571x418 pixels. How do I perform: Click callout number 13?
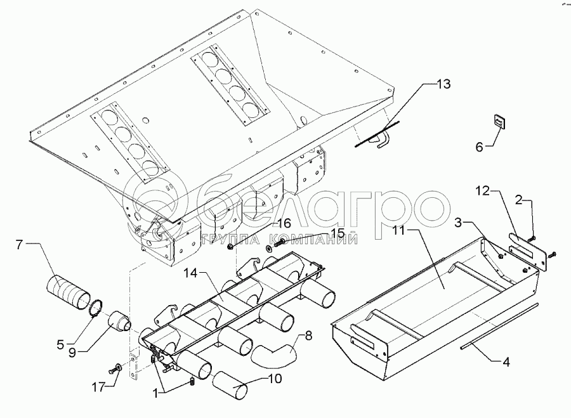click(443, 84)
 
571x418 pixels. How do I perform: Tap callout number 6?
click(479, 147)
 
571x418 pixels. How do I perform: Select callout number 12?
click(483, 191)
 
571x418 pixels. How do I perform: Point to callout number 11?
click(400, 231)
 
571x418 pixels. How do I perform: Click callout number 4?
click(506, 362)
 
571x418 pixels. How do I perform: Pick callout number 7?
click(20, 245)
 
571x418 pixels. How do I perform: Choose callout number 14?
click(190, 273)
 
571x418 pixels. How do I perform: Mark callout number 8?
click(308, 336)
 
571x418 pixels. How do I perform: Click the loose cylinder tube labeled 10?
click(230, 386)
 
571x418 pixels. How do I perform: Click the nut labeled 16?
click(230, 247)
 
